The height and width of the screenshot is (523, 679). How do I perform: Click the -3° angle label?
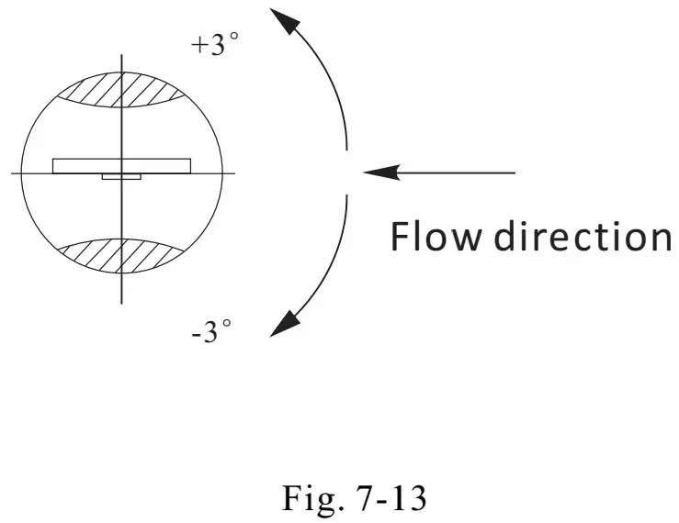pyautogui.click(x=210, y=331)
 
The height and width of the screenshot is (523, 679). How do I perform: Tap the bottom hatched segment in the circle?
pyautogui.click(x=121, y=258)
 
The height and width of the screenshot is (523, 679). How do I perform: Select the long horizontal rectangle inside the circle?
pyautogui.click(x=121, y=165)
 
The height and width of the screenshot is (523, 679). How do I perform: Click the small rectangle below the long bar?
pyautogui.click(x=121, y=176)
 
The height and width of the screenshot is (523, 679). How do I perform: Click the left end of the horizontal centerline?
pyautogui.click(x=12, y=172)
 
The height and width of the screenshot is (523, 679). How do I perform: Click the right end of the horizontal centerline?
pyautogui.click(x=235, y=172)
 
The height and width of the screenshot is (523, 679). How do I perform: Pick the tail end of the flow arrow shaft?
pyautogui.click(x=515, y=172)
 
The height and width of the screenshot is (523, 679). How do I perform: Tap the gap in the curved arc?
pyautogui.click(x=346, y=172)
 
